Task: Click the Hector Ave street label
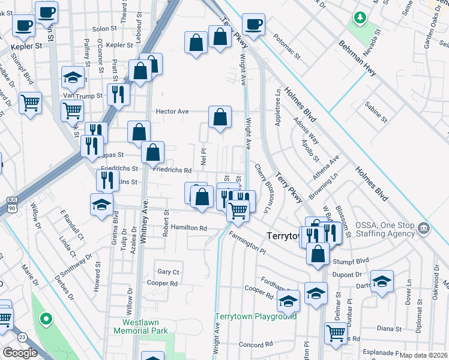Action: click(172, 112)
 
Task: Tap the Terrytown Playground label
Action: click(256, 316)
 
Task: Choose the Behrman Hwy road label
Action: click(357, 58)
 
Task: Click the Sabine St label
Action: click(376, 112)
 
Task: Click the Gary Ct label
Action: click(168, 272)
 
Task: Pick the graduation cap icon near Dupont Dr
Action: click(382, 281)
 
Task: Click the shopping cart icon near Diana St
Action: click(336, 332)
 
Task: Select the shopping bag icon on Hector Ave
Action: click(220, 116)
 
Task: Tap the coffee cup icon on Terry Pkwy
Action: click(254, 25)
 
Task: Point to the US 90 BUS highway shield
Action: click(12, 203)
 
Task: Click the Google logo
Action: click(20, 353)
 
